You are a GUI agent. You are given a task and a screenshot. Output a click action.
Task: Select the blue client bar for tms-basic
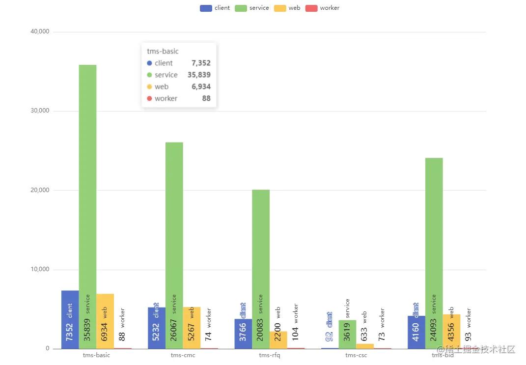[70, 319]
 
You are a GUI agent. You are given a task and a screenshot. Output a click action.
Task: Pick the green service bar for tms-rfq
[261, 246]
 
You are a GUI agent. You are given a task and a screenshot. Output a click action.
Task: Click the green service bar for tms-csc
[347, 334]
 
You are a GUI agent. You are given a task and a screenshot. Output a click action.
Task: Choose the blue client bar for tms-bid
[416, 332]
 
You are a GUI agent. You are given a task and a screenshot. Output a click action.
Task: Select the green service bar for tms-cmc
[174, 221]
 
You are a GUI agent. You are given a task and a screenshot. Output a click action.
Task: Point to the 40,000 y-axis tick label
[40, 31]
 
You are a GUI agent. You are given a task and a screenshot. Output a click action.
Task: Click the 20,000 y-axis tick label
[40, 190]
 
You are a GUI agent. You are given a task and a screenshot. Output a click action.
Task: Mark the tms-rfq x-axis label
[269, 355]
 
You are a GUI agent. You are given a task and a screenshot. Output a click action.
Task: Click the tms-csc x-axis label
[356, 355]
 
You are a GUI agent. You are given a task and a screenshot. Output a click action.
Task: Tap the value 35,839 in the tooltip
[199, 75]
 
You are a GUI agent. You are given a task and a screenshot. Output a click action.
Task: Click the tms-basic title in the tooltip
[163, 51]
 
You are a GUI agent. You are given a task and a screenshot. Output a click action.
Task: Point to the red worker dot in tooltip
[150, 98]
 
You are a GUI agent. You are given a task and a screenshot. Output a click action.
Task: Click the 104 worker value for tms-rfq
[295, 332]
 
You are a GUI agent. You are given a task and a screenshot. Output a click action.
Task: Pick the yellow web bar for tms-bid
[451, 331]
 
